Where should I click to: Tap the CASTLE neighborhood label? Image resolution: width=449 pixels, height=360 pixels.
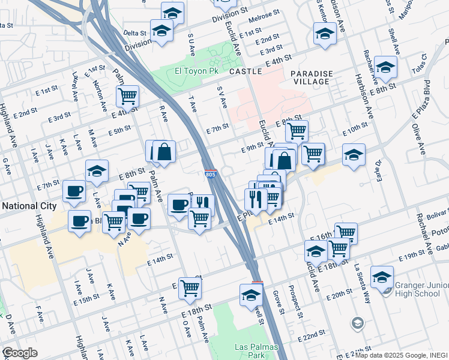[246, 71]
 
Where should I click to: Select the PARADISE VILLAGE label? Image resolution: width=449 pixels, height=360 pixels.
[310, 77]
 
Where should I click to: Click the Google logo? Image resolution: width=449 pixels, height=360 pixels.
[19, 352]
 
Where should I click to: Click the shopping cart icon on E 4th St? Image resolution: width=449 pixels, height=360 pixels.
[127, 96]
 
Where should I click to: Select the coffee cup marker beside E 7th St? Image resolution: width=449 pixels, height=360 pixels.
[74, 191]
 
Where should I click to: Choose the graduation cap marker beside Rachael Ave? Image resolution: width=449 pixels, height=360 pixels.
[385, 67]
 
